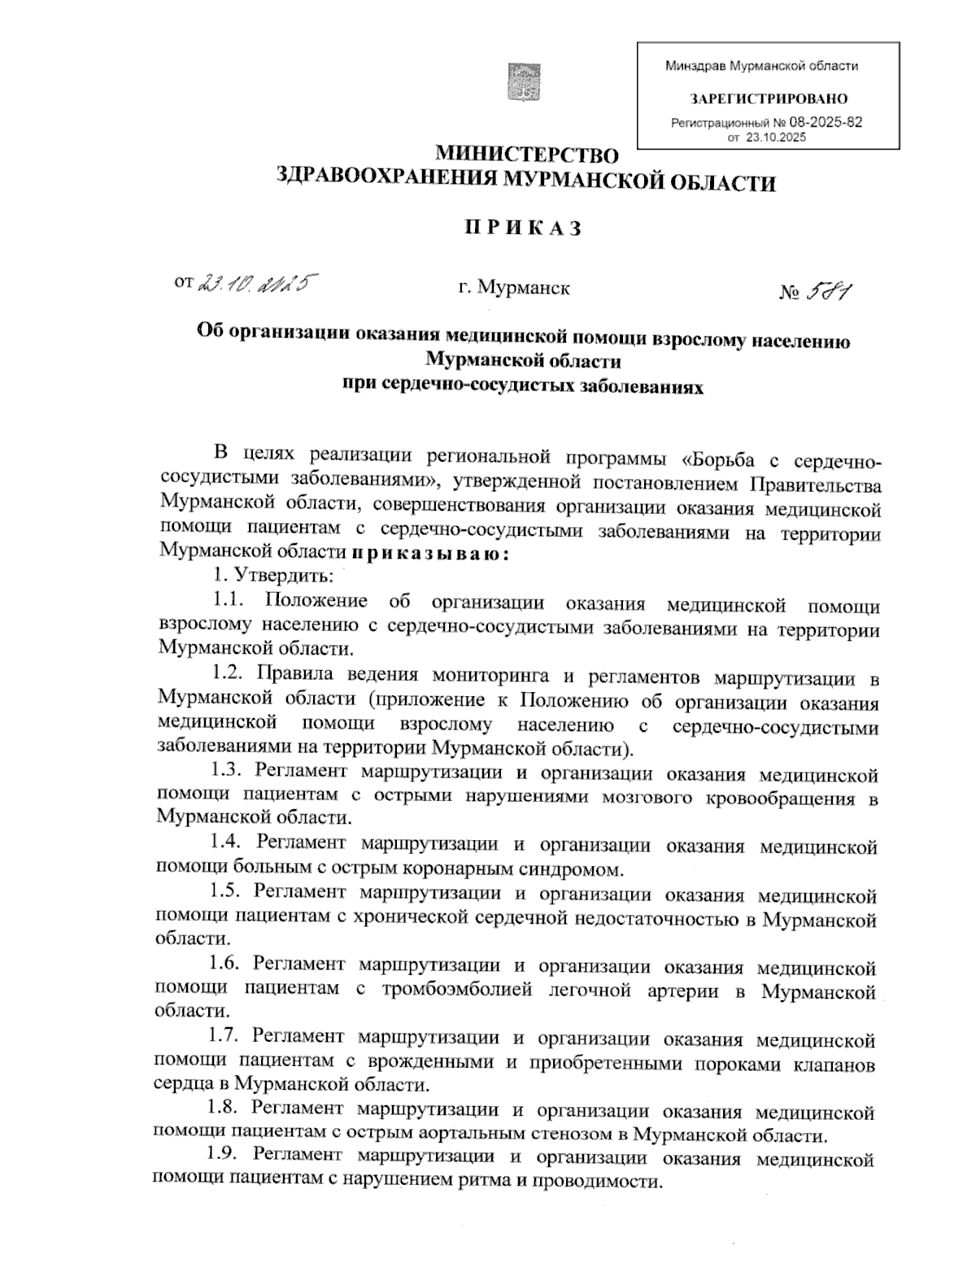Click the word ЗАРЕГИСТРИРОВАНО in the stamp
click(x=769, y=99)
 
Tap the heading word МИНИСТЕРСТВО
click(x=527, y=155)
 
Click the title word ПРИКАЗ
click(x=524, y=229)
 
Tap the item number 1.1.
click(x=229, y=602)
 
